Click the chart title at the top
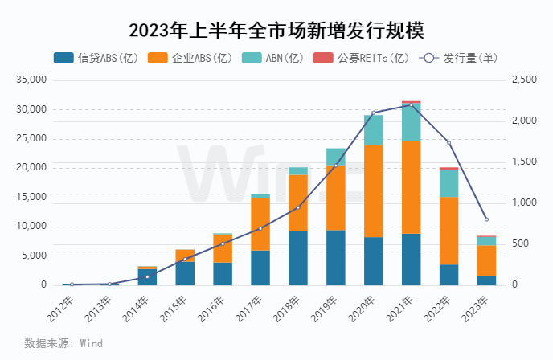(276, 31)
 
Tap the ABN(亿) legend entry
(272, 58)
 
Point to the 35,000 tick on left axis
(32, 80)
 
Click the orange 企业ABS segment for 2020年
(373, 191)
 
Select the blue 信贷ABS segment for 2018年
(297, 258)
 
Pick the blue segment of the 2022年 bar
(449, 275)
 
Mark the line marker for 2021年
(411, 104)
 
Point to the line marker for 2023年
(486, 219)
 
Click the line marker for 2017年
(260, 228)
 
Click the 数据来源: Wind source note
(63, 343)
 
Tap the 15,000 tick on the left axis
(32, 197)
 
